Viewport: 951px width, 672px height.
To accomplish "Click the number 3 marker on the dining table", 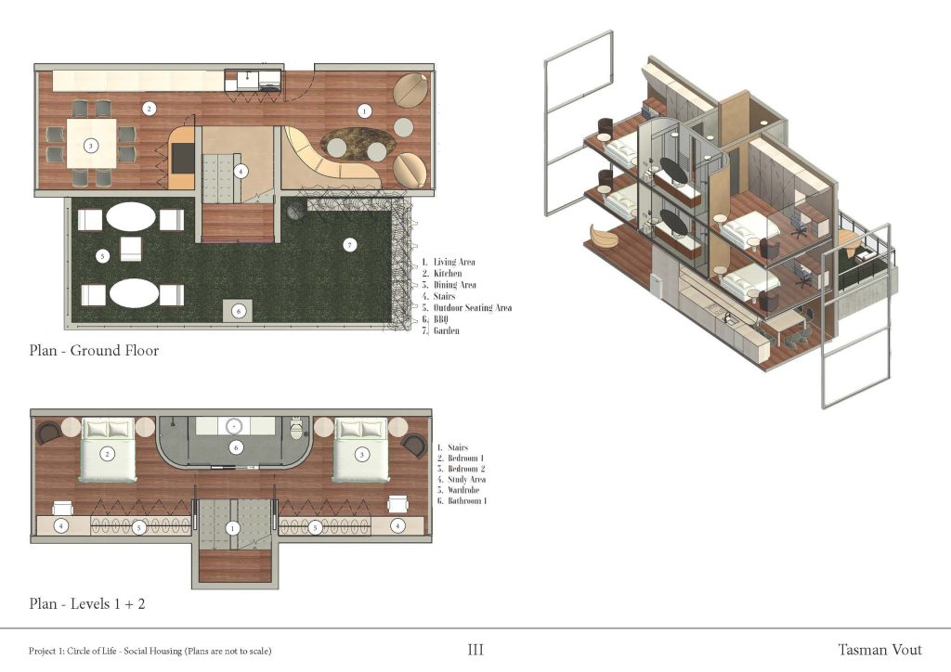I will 90,146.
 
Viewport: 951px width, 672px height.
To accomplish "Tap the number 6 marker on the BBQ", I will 239,311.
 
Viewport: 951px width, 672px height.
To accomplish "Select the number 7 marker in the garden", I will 349,245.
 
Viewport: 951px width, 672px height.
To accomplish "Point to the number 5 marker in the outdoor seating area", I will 103,255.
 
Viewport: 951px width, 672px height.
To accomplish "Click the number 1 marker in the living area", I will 364,110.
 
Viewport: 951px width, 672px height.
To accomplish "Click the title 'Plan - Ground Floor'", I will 93,351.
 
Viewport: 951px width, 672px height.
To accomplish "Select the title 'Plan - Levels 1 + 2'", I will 86,603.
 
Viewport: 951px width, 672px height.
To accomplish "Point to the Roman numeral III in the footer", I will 475,650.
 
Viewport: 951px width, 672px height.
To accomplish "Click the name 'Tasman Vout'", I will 879,650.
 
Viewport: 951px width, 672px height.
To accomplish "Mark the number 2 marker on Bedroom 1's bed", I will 109,454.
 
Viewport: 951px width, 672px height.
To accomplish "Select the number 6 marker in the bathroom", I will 235,447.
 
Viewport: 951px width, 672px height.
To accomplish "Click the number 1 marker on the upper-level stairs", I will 233,527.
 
